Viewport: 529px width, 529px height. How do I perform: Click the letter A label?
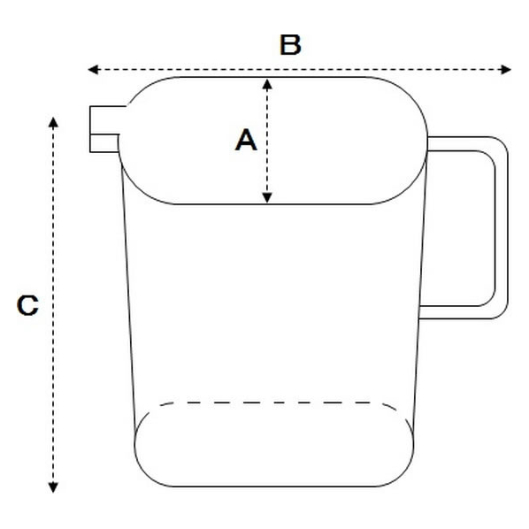pyautogui.click(x=246, y=140)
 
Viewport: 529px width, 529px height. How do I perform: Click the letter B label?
pyautogui.click(x=290, y=45)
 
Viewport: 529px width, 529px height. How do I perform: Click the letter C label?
pyautogui.click(x=27, y=305)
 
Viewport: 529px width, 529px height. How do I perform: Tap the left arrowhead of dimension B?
pyautogui.click(x=93, y=70)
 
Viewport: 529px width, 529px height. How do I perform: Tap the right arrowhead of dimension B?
pyautogui.click(x=506, y=70)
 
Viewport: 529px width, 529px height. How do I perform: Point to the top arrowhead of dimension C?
pyautogui.click(x=53, y=122)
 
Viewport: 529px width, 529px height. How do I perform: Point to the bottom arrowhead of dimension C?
pyautogui.click(x=53, y=487)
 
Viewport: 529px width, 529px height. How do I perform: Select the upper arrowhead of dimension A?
pyautogui.click(x=267, y=84)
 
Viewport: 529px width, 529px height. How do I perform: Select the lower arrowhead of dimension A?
pyautogui.click(x=267, y=198)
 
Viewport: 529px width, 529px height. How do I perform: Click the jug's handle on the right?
pyautogui.click(x=502, y=227)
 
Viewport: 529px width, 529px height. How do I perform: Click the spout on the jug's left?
pyautogui.click(x=104, y=129)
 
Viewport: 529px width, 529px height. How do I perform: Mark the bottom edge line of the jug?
pyautogui.click(x=274, y=487)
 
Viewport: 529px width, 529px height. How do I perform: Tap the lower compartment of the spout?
pyautogui.click(x=104, y=143)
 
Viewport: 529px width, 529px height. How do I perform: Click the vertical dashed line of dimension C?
pyautogui.click(x=53, y=305)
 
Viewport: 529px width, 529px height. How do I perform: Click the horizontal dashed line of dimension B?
pyautogui.click(x=300, y=70)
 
